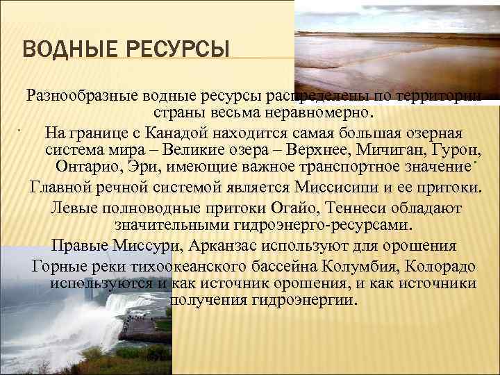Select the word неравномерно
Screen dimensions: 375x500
(x=320, y=112)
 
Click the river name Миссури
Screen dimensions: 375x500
(x=160, y=246)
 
